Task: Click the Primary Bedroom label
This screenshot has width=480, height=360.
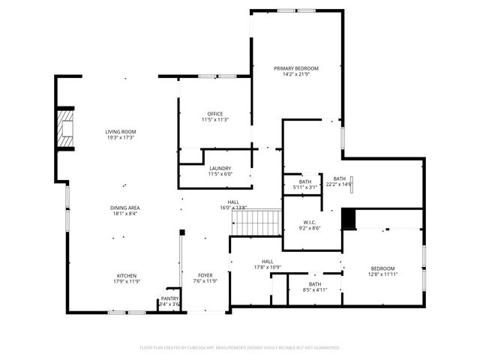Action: (295, 68)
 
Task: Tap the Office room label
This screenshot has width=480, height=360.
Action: (215, 114)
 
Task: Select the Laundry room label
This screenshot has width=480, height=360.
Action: (220, 169)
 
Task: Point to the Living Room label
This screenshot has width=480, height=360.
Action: (120, 132)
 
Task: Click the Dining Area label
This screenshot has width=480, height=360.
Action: (124, 208)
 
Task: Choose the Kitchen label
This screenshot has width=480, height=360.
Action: (125, 275)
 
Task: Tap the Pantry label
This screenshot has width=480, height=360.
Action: (169, 298)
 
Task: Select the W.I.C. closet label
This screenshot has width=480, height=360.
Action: (310, 222)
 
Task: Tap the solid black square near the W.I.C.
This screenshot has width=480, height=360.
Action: (348, 218)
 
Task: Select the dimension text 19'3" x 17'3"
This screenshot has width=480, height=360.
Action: (120, 138)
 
